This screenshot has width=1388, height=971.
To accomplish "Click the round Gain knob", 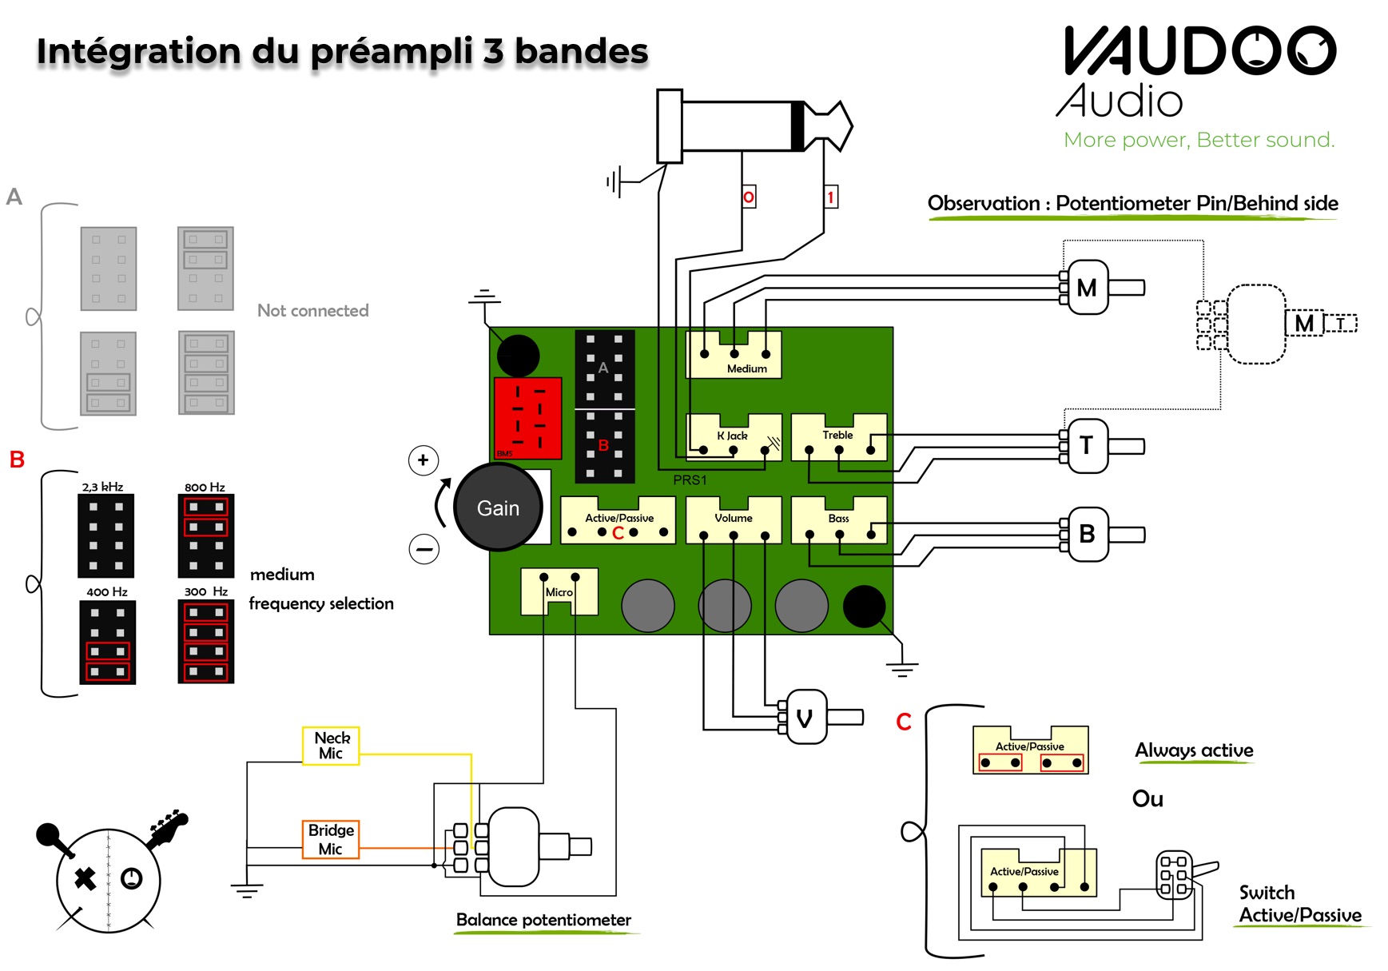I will click(x=498, y=507).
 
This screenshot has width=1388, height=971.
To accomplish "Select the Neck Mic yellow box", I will click(x=331, y=746).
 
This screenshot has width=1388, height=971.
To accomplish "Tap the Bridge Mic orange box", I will click(x=330, y=839).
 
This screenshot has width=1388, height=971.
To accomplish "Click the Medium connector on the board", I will click(x=734, y=356).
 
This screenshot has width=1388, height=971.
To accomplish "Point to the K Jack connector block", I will click(x=734, y=438).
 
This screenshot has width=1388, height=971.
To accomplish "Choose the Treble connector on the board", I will click(x=838, y=438).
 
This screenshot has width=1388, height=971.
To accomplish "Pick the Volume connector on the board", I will click(x=734, y=520).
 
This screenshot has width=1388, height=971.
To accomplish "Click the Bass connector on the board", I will click(x=838, y=520).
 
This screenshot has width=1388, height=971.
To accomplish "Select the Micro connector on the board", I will click(x=559, y=591).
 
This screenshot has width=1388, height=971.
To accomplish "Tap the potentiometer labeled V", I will click(x=806, y=717).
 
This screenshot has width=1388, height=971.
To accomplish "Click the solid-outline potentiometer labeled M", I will click(x=1087, y=287).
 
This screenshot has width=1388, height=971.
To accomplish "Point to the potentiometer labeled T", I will click(x=1087, y=445).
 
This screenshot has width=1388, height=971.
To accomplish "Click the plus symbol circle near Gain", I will click(x=423, y=460).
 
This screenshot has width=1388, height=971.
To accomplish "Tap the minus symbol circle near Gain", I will click(x=424, y=549).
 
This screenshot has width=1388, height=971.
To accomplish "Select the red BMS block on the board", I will click(x=527, y=418).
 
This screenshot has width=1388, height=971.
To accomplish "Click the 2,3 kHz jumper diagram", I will click(x=105, y=535).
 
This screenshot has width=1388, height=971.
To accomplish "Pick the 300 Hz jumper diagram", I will click(x=205, y=641).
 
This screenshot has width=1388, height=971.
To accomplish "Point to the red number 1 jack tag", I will click(x=831, y=197).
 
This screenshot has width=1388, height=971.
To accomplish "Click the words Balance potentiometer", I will click(x=543, y=920).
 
